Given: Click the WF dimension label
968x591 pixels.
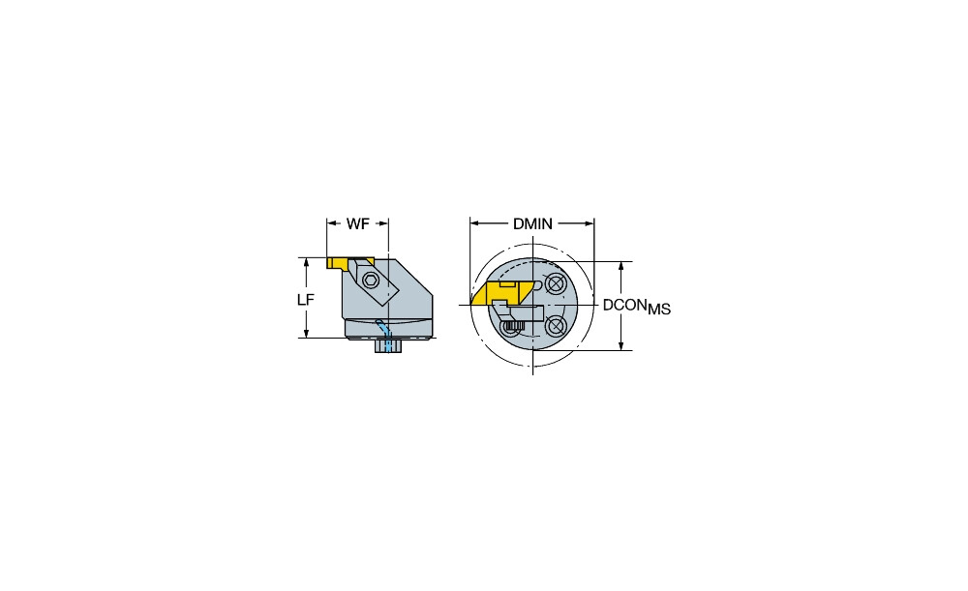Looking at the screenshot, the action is coord(357,224).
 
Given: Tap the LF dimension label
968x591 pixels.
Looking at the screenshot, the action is coord(306,300).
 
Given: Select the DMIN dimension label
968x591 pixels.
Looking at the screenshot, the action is coord(532,224).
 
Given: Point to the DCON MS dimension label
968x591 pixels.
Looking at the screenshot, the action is coord(637,306).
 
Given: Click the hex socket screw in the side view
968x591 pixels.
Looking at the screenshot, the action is coord(371,280).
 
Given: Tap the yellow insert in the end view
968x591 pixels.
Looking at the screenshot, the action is coord(501,293).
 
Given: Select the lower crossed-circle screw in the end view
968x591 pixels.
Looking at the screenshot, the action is coord(556,324).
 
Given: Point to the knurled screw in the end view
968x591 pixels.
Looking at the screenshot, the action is coord(512,326).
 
